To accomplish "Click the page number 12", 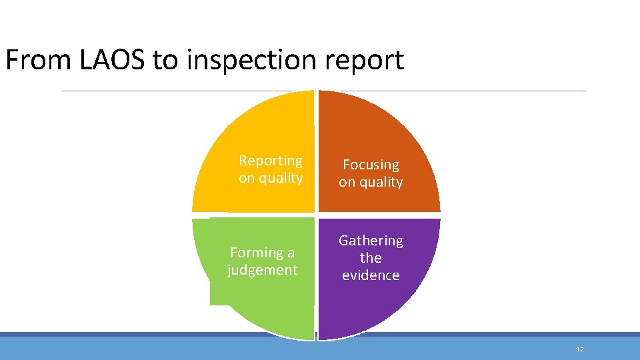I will (x=579, y=349).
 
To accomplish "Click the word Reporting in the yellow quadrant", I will (x=271, y=161).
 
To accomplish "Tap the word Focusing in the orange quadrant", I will (x=371, y=165).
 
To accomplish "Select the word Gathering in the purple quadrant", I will (x=371, y=240).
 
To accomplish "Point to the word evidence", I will (x=371, y=275).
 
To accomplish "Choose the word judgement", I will (x=262, y=270).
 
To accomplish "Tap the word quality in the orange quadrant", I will (x=381, y=182).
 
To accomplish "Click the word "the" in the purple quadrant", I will (x=371, y=257).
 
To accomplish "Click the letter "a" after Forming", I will (x=291, y=253).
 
